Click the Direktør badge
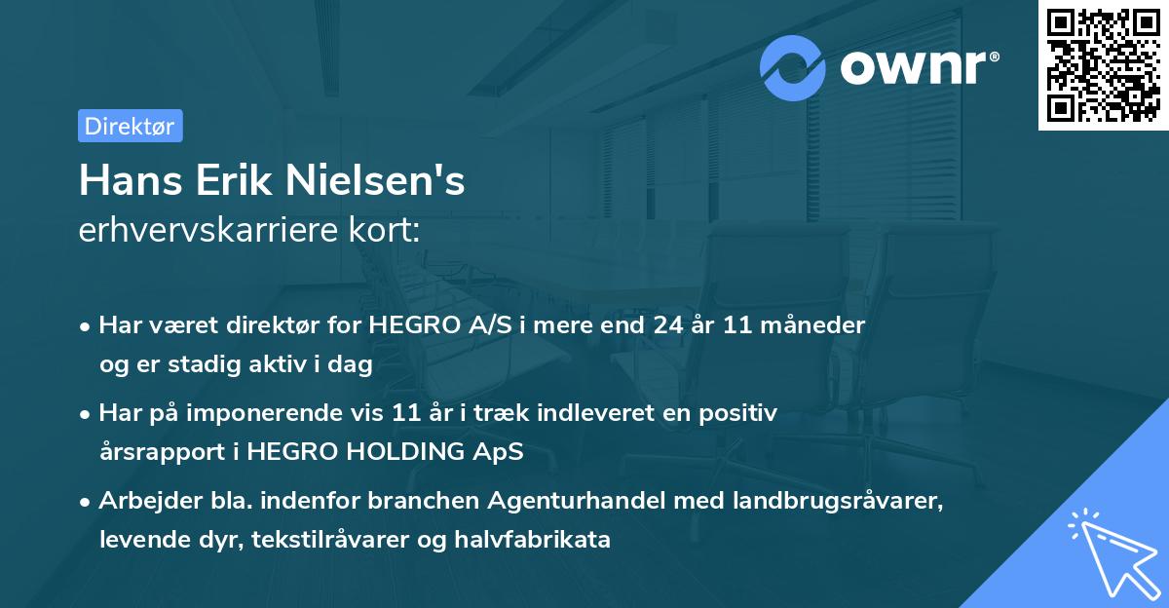tap(130, 126)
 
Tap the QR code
tap(1104, 65)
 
